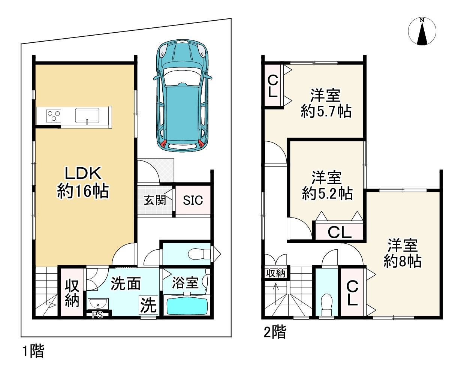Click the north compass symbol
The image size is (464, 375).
pyautogui.click(x=422, y=31)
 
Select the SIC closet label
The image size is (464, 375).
pyautogui.click(x=193, y=200)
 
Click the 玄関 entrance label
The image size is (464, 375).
pyautogui.click(x=155, y=200)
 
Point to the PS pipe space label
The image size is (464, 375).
pyautogui.click(x=97, y=315)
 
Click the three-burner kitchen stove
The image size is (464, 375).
pyautogui.click(x=54, y=116)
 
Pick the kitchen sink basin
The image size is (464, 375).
pyautogui.click(x=87, y=115)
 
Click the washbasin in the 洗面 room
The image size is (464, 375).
pyautogui.click(x=98, y=303)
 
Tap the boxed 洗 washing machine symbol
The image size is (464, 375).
pyautogui.click(x=148, y=305)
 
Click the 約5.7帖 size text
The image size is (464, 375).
pyautogui.click(x=326, y=112)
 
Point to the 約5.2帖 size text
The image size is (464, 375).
pyautogui.click(x=327, y=193)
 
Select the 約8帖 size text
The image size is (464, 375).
pyautogui.click(x=402, y=261)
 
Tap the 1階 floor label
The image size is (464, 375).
pyautogui.click(x=33, y=351)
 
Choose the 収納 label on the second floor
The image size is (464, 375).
pyautogui.click(x=276, y=273)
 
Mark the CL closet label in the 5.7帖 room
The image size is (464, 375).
pyautogui.click(x=272, y=86)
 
